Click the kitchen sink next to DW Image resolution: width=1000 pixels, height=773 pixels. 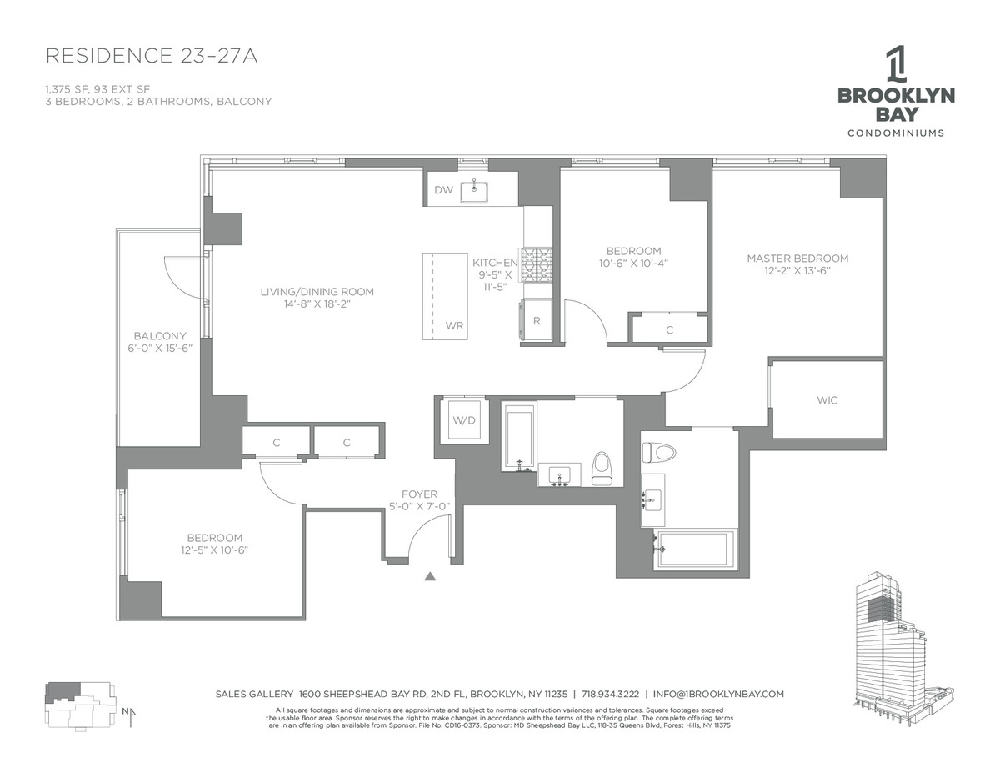pos(474,192)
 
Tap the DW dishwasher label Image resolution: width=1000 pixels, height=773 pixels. pos(443,189)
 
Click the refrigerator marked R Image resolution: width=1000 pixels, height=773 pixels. pos(536,321)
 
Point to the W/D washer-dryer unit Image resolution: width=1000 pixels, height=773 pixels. pos(464,420)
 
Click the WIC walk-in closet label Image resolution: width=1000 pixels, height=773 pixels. pos(827,400)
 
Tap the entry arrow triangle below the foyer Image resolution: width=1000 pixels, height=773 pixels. pos(430,576)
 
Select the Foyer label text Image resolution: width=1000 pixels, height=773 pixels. pos(419,494)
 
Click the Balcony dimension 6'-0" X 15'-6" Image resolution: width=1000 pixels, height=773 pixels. pos(160,348)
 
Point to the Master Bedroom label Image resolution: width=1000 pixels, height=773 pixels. pos(797,259)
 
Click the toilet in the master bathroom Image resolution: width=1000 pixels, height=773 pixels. pos(659,452)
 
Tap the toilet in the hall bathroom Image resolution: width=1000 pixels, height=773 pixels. pos(601,469)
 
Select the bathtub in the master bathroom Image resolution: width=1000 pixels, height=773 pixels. pos(693,550)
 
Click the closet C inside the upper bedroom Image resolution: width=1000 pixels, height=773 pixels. pos(669,329)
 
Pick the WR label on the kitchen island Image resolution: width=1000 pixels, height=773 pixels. pos(454,325)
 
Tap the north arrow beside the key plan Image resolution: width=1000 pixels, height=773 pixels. pos(132,716)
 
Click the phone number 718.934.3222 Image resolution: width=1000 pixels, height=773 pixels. pos(610,694)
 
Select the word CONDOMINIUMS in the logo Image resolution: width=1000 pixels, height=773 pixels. pos(896,133)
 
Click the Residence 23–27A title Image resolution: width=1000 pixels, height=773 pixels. pos(152,56)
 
